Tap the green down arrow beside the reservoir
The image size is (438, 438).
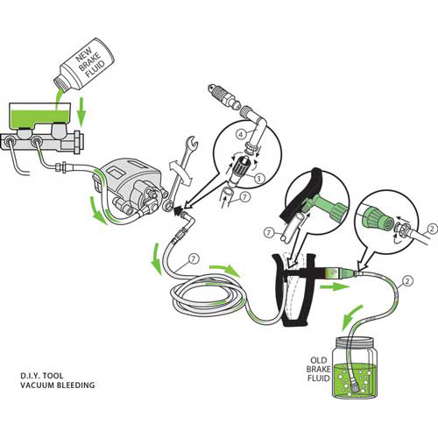click(81, 111)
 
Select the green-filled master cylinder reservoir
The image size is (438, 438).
click(40, 116)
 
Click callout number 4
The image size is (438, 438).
click(241, 135)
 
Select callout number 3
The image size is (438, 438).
click(259, 178)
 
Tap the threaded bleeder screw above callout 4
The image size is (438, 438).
click(224, 96)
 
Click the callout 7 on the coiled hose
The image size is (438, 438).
click(194, 259)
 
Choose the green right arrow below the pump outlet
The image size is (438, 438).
click(335, 286)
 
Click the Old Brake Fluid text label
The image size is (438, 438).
click(319, 369)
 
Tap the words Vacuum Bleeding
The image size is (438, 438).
click(58, 385)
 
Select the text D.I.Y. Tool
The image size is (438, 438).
click(42, 376)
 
